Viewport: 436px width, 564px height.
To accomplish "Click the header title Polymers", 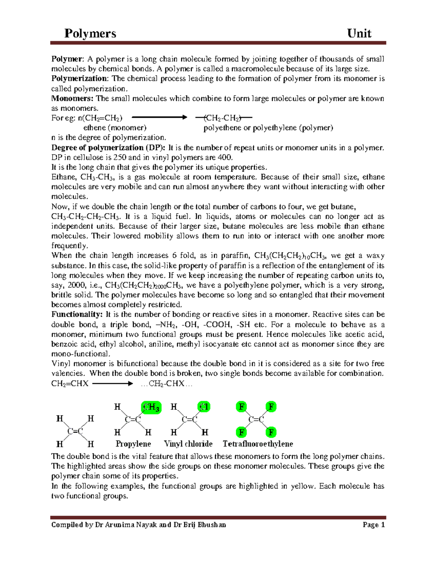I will pyautogui.click(x=90, y=33).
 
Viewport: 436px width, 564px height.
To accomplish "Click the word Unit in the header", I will pyautogui.click(x=359, y=33).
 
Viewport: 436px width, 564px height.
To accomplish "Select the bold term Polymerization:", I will pyautogui.click(x=80, y=78).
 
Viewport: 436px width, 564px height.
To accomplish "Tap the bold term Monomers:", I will pyautogui.click(x=72, y=98).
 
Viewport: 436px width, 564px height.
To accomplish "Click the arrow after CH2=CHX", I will pyautogui.click(x=113, y=384).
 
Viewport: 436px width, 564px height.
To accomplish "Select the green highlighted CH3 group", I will pyautogui.click(x=151, y=407).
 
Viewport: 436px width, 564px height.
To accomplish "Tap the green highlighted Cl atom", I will pyautogui.click(x=204, y=407).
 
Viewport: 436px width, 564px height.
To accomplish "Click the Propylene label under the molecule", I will pyautogui.click(x=133, y=444).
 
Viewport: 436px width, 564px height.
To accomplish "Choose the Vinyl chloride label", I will pyautogui.click(x=188, y=444).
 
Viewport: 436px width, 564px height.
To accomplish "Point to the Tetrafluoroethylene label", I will pyautogui.click(x=258, y=444).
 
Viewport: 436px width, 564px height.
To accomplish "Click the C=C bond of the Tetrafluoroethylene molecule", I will pyautogui.click(x=256, y=420).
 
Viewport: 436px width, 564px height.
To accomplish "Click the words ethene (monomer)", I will pyautogui.click(x=115, y=127).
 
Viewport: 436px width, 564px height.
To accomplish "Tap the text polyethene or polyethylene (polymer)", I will pyautogui.click(x=268, y=127).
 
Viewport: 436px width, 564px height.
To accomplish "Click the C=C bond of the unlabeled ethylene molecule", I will pyautogui.click(x=75, y=431).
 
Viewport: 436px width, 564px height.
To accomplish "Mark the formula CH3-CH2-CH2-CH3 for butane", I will pyautogui.click(x=85, y=216).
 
